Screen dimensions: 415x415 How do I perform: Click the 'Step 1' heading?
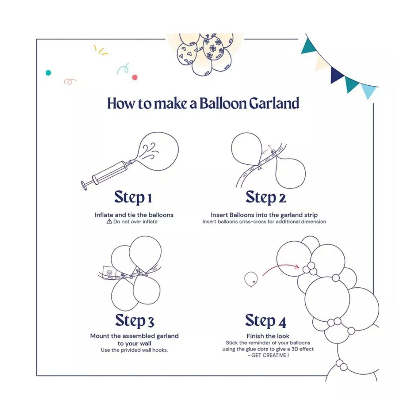(x=133, y=197)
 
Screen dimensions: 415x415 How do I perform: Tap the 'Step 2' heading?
(x=266, y=197)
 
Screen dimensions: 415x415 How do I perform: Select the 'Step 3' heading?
(x=135, y=321)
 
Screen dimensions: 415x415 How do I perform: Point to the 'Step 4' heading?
(x=266, y=321)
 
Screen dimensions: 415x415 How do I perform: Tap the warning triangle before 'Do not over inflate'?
(x=109, y=221)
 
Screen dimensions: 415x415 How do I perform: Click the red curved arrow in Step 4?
(x=280, y=269)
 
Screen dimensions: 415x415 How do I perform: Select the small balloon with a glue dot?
(x=251, y=279)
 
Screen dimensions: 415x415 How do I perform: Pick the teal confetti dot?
(x=48, y=73)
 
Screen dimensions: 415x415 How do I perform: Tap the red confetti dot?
(x=135, y=77)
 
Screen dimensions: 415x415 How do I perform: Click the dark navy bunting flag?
(x=337, y=75)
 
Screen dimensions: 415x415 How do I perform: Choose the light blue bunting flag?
(x=368, y=91)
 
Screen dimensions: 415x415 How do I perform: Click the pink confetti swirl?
(x=70, y=82)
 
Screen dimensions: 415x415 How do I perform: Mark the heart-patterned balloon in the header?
(x=188, y=53)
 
